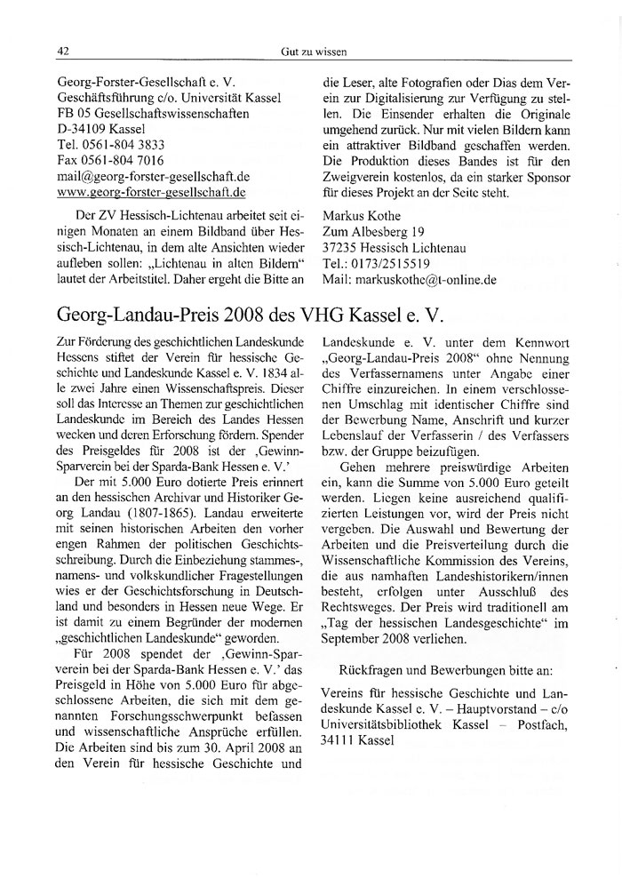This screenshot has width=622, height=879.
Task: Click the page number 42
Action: click(63, 51)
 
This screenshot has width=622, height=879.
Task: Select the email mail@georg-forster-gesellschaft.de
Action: click(154, 176)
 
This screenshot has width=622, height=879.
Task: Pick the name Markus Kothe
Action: click(362, 216)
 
